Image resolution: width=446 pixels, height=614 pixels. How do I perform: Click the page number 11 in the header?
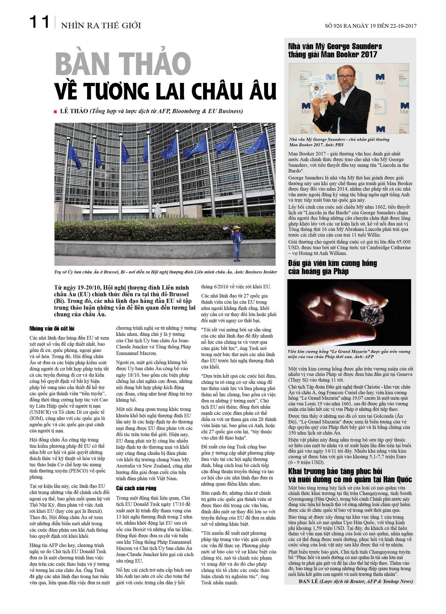39,22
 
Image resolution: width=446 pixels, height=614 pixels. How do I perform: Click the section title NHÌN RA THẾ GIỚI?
101,25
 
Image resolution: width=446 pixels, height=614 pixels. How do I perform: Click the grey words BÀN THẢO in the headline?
123,64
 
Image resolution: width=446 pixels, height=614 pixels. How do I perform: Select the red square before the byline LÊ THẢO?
55,112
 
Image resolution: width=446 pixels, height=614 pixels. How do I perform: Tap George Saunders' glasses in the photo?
346,77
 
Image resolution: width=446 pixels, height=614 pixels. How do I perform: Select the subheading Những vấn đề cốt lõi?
52,329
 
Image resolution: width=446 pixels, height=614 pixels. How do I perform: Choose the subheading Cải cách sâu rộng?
136,488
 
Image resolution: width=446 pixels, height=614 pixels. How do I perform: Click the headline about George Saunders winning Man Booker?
335,50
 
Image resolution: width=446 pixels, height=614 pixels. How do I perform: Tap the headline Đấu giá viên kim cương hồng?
332,267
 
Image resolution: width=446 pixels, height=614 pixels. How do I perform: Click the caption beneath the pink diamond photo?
349,354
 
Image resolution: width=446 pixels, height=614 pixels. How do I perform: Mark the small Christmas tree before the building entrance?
158,210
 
